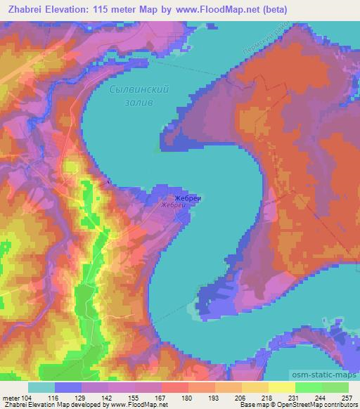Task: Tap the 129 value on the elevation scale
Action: (x=82, y=398)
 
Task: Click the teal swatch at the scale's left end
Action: (x=41, y=387)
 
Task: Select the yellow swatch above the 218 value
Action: (x=255, y=387)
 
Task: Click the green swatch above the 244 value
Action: (x=308, y=387)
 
